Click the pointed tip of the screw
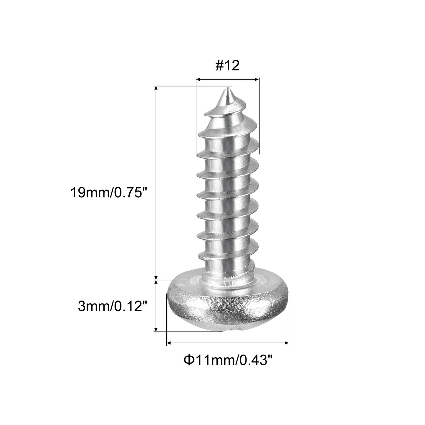[227, 90]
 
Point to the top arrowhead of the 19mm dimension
[156, 88]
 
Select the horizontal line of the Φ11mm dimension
[228, 343]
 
